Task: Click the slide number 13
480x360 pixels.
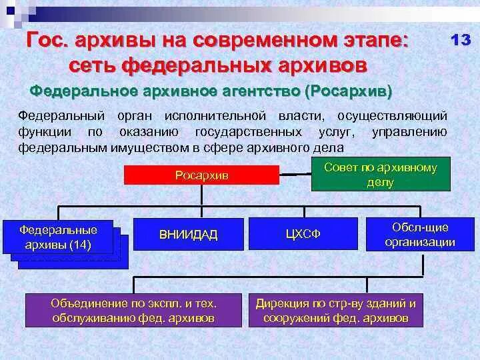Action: click(461, 40)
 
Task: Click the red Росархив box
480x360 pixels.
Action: click(202, 175)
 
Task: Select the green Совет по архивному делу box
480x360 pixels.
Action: click(380, 175)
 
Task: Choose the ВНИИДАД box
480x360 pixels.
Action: click(188, 234)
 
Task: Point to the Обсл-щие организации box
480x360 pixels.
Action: click(420, 235)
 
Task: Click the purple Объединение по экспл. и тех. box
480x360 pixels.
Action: click(134, 310)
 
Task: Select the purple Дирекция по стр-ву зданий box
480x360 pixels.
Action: click(336, 310)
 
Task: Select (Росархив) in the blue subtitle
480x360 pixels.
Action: click(348, 90)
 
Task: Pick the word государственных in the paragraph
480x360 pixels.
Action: click(249, 132)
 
